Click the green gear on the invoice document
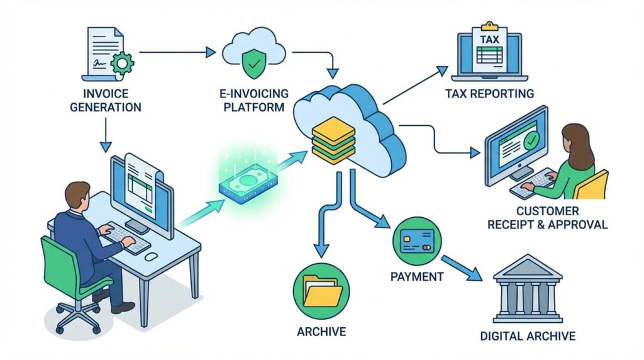[122, 62]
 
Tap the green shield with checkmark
[254, 64]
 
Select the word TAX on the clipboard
[489, 40]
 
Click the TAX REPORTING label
[489, 94]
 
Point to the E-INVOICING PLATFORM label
[254, 100]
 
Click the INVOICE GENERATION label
[106, 100]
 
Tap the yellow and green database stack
[333, 140]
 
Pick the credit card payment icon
[417, 241]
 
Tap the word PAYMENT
[417, 276]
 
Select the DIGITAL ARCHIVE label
[528, 336]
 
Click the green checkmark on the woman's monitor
[531, 140]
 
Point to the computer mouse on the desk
[151, 256]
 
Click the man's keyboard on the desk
[125, 239]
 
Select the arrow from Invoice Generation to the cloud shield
[178, 52]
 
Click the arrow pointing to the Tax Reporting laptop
[415, 86]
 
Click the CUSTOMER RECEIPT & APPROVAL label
[547, 218]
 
